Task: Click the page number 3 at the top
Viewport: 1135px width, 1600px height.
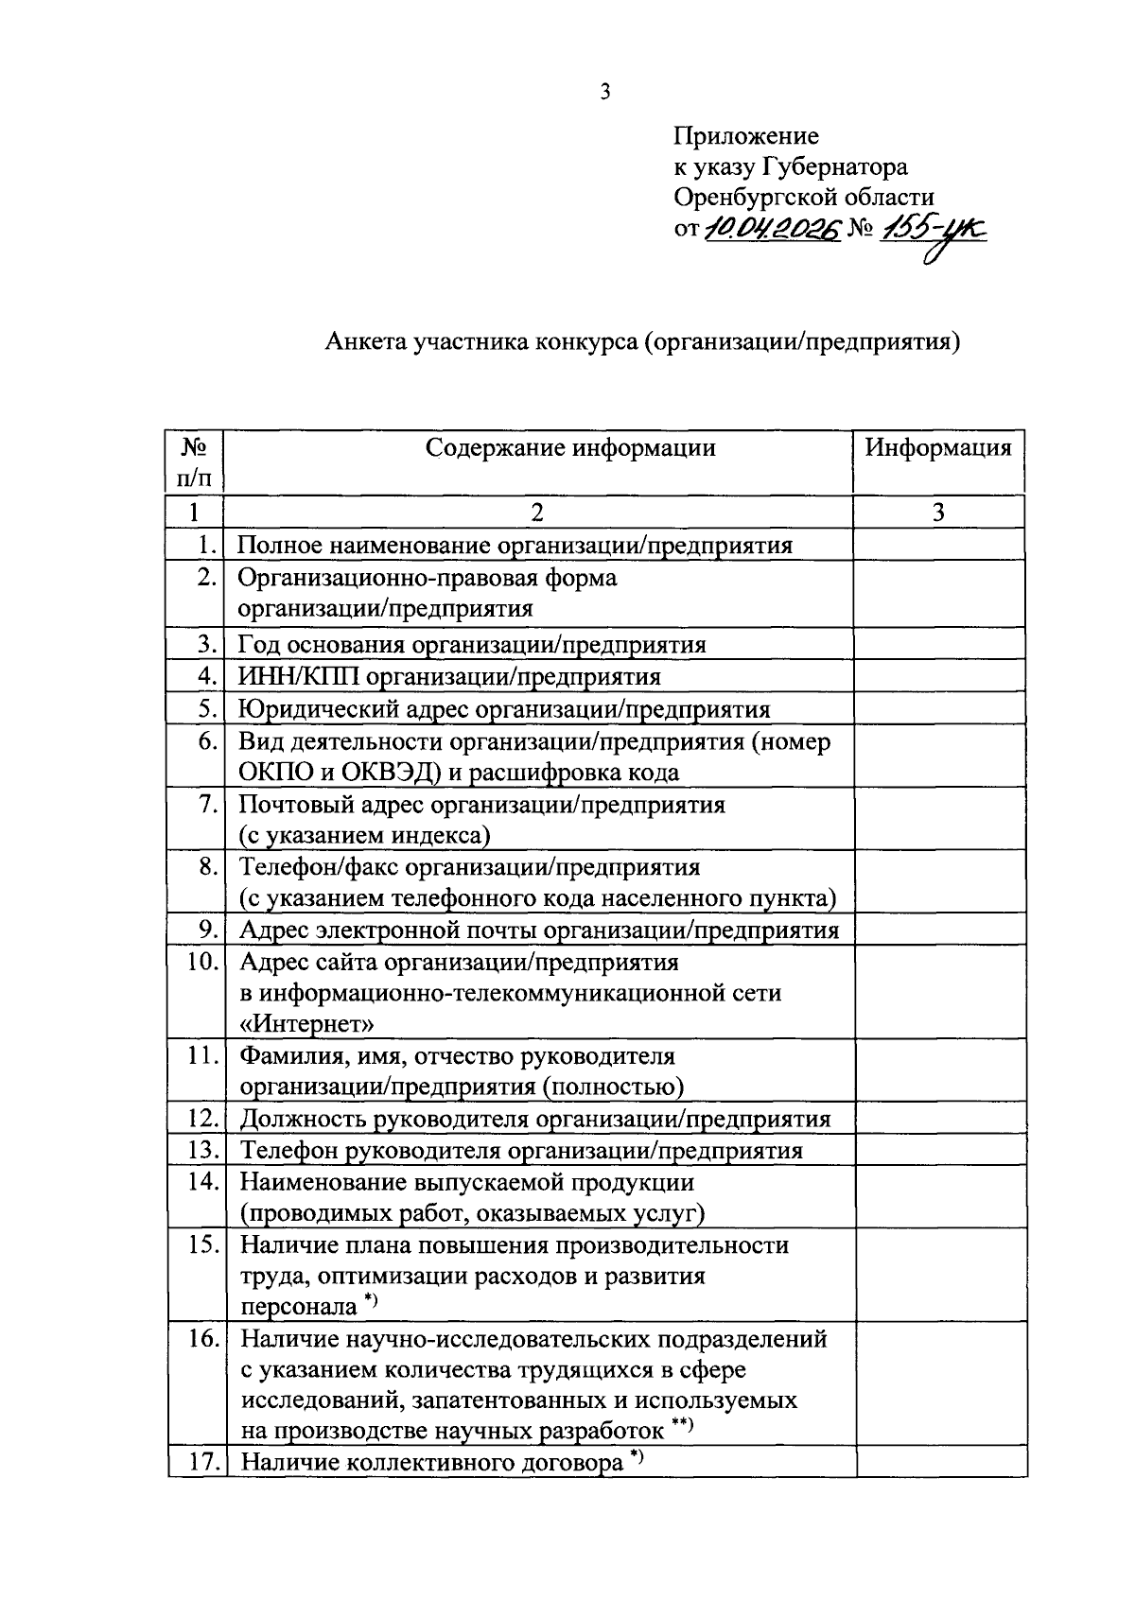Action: click(605, 92)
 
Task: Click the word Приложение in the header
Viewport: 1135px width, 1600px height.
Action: click(745, 136)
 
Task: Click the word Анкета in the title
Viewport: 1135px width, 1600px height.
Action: click(365, 341)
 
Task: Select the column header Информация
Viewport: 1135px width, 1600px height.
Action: click(938, 447)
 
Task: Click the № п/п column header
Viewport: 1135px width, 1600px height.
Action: click(194, 461)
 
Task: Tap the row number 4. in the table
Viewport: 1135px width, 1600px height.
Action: click(208, 676)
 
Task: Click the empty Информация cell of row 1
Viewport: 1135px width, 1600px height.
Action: click(938, 545)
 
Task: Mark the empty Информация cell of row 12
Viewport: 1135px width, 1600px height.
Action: click(940, 1119)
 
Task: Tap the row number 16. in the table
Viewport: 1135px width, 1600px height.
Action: click(202, 1339)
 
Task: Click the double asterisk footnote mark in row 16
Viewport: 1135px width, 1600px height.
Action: click(682, 1426)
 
